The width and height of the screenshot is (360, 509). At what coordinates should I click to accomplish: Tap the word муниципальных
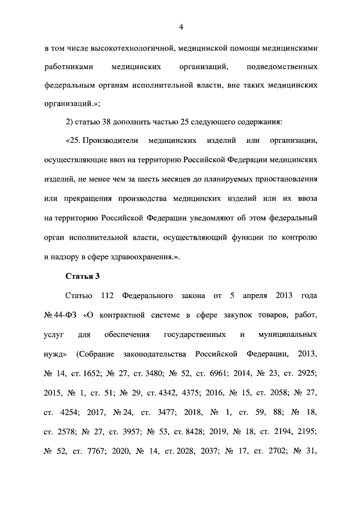click(288, 334)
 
